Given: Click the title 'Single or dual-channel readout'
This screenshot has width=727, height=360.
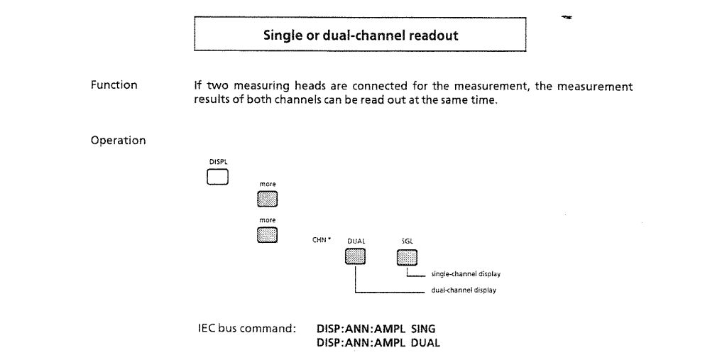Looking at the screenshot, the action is pos(361,36).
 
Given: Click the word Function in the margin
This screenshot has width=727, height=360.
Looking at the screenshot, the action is pos(114,85).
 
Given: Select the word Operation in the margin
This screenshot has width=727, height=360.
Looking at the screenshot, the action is pos(119,141).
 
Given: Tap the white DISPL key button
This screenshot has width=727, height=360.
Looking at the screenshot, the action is pos(217,178).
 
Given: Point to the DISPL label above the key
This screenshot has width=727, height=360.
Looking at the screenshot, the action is pos(219,162).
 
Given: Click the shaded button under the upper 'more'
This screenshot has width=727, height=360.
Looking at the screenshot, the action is pos(268,199).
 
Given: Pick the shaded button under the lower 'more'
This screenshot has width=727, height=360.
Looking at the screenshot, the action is pos(268,235).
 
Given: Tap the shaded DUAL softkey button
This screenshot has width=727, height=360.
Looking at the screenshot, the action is pos(355,256).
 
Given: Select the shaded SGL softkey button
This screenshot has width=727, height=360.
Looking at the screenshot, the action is pos(407,258).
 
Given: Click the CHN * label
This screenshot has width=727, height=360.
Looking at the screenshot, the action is pos(322,240).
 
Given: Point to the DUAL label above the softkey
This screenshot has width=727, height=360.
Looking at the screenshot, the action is pos(356,241).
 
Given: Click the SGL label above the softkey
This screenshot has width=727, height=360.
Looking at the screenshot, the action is pos(407,241).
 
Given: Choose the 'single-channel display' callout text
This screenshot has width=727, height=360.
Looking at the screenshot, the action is pos(466,274).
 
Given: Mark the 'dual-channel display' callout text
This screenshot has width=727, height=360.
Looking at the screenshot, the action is pos(464,290).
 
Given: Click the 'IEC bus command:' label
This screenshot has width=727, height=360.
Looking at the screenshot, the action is pos(247,329).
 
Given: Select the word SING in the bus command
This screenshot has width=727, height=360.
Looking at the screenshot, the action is pos(423,329).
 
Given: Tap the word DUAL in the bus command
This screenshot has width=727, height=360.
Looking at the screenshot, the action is pos(425,343).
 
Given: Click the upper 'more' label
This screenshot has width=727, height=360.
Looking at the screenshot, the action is pos(268,184).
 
